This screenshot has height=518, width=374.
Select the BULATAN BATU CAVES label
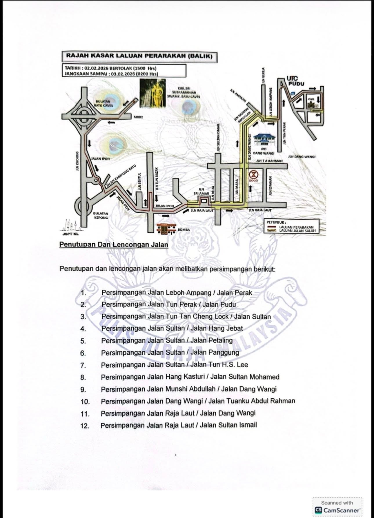[105, 104]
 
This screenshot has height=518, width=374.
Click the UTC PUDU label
[295, 81]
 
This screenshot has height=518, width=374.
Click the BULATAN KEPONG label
[100, 215]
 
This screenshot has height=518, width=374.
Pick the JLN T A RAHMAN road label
[269, 160]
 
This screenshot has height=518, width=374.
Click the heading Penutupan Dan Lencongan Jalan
[114, 245]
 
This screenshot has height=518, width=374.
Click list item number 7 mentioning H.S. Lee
[174, 365]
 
